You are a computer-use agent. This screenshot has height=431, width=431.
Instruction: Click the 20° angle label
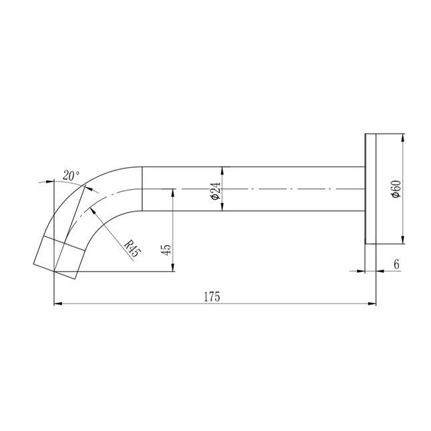point(71,176)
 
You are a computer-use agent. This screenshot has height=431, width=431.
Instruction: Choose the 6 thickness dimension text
point(396,265)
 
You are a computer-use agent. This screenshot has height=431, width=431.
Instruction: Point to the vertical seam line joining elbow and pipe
point(143,189)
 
